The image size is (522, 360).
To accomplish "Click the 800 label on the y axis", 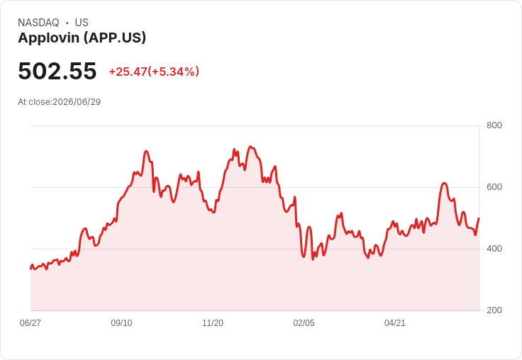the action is (x=494, y=125).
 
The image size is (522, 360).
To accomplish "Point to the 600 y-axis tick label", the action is (x=494, y=187).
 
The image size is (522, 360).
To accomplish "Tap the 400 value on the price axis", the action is (x=494, y=249).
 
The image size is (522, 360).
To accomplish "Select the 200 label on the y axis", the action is (x=494, y=310).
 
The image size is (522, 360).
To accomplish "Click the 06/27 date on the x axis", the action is (x=30, y=322).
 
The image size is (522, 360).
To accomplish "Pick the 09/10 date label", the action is (x=121, y=322).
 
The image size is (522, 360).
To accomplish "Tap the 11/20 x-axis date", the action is (x=213, y=322).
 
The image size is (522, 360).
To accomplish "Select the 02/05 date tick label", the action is (x=304, y=322).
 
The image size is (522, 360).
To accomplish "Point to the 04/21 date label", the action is (x=395, y=322).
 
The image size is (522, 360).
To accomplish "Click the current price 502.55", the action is (x=57, y=71).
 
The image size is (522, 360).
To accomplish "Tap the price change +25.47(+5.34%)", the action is (x=154, y=72).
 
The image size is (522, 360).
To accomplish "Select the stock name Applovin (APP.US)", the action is (x=82, y=38).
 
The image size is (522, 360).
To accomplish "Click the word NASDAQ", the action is (x=38, y=23).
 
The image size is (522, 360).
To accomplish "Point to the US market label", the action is (x=82, y=23).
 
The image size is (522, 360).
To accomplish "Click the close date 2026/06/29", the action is (x=77, y=102).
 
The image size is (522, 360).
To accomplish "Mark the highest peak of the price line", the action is (x=250, y=147).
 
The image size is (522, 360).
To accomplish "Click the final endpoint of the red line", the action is (x=479, y=218).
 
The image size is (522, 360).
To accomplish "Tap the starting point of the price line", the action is (x=31, y=269).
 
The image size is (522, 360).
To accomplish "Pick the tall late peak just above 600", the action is (x=444, y=184).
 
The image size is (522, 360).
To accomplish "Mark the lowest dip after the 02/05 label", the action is (x=313, y=259).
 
